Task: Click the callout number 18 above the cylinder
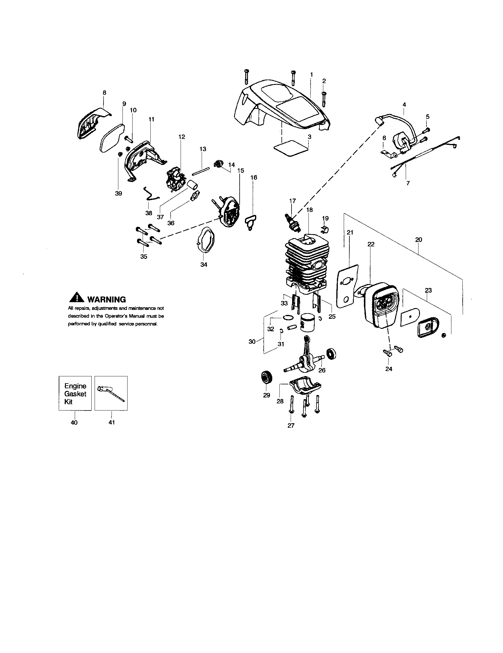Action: coord(309,210)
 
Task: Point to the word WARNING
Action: coord(106,299)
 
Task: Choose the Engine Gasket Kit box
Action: coord(75,393)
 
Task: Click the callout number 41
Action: coord(112,422)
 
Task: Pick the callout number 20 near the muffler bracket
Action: coord(418,240)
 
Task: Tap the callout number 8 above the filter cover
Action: coord(104,93)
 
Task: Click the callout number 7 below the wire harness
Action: coord(408,183)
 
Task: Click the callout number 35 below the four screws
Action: coord(144,256)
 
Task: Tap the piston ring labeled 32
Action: coord(288,317)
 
